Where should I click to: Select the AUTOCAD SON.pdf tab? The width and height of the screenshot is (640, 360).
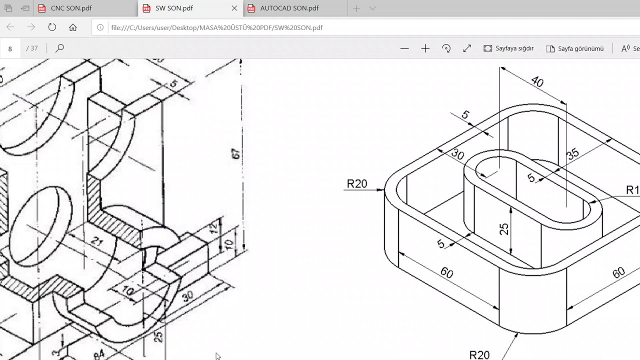(289, 8)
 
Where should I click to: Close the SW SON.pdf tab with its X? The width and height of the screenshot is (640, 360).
(234, 8)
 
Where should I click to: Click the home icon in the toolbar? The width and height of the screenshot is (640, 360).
(73, 27)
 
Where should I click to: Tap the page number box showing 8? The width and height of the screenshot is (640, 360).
(10, 48)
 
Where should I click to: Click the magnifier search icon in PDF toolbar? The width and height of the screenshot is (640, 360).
(59, 48)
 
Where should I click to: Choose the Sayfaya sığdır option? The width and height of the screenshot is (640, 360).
(509, 48)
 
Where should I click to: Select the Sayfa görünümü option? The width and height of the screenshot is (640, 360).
(575, 48)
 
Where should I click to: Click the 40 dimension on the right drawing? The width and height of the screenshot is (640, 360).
(537, 81)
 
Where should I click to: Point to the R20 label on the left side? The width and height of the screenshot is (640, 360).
(357, 184)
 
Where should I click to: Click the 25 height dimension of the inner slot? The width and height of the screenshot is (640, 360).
(504, 229)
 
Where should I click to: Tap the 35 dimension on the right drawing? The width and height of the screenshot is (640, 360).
(573, 153)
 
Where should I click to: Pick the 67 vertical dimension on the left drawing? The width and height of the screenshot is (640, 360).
(236, 153)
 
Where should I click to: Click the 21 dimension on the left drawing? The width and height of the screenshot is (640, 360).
(97, 241)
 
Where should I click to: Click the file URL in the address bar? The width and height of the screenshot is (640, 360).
(216, 27)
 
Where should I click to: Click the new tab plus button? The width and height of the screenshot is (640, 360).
(356, 8)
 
